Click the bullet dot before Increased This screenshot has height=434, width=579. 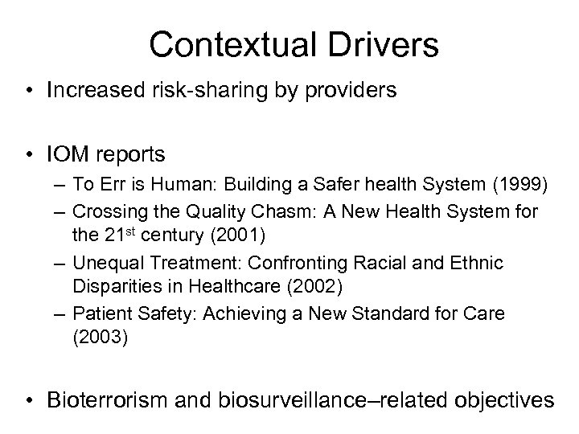(x=30, y=91)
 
